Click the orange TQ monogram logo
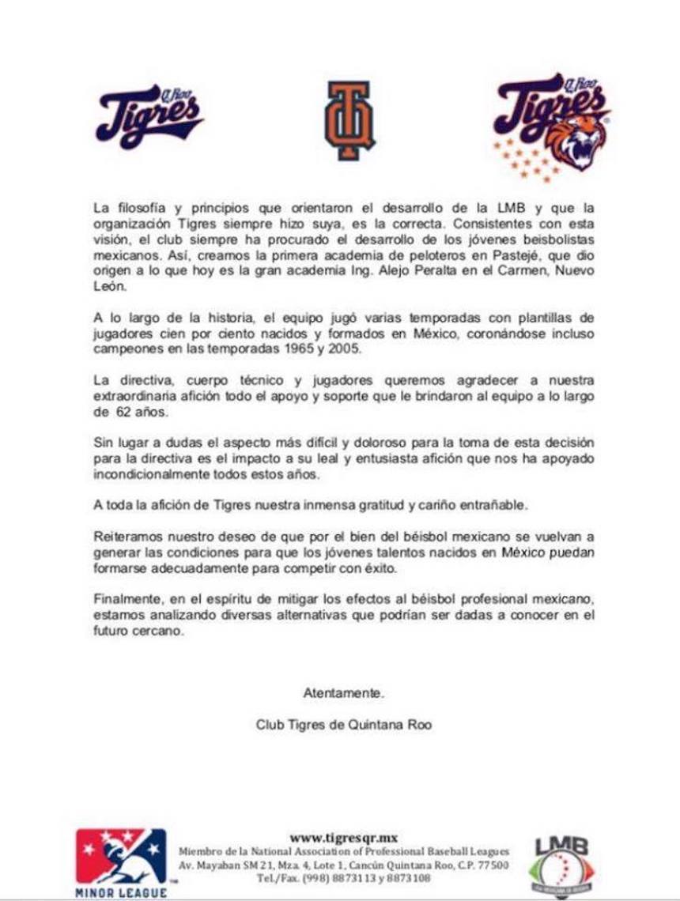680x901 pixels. [340, 121]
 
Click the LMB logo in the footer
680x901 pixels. [561, 863]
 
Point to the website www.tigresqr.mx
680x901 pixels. [343, 838]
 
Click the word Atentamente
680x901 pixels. [343, 693]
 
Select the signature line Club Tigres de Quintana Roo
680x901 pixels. [344, 724]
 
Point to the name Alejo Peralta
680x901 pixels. [425, 272]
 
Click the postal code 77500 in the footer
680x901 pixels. [493, 865]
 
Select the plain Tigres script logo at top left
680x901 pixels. [149, 116]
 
